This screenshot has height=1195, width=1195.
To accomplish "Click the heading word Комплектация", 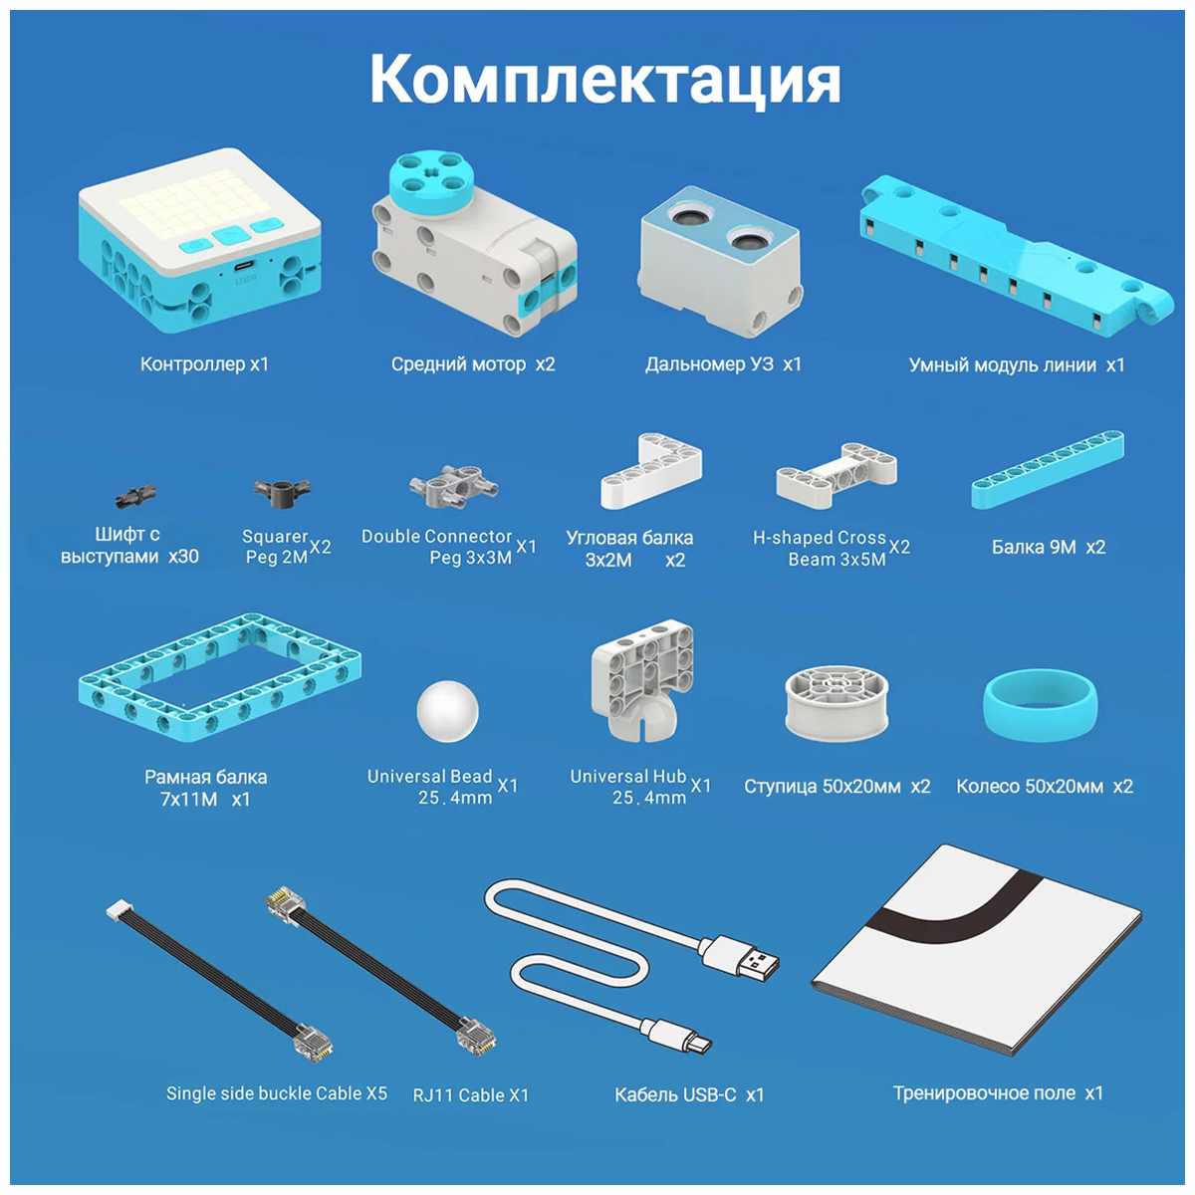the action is point(604,81).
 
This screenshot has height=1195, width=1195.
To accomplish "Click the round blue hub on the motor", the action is point(428,180).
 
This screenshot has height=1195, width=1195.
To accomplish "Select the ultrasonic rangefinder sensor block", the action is point(720,261).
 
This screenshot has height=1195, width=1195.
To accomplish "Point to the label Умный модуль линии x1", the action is point(1017,364).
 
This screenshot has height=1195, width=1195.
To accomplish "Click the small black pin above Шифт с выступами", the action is point(135,495).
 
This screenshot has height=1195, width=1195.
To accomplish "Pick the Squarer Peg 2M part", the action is point(282,491).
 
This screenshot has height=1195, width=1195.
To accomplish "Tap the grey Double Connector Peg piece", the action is point(454,486).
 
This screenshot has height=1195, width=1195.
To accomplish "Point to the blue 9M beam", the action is point(1048,469).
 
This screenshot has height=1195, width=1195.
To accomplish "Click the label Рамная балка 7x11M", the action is point(205,788).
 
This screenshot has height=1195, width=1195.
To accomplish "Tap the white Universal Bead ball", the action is point(447,711).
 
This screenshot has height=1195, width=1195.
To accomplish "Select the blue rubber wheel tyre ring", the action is point(1040,706).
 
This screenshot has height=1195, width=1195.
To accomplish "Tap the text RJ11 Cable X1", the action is point(471,1095).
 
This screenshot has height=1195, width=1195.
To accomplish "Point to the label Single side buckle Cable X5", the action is point(277,1093).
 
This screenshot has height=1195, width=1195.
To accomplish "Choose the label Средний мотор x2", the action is point(473,364).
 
